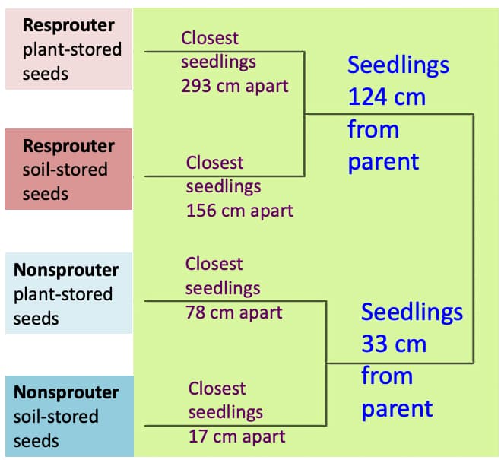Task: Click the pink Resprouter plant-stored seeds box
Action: point(68,49)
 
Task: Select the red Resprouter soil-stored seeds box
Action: point(68,169)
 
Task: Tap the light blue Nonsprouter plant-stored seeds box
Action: point(68,293)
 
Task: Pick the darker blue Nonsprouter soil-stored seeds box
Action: point(68,416)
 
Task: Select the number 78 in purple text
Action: point(195,312)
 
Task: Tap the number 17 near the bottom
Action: point(198,436)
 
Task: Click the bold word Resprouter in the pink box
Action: point(68,25)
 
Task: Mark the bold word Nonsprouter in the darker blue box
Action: point(66,392)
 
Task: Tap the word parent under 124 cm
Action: point(383,162)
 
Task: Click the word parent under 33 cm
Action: point(397,408)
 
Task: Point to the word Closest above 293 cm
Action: point(210,37)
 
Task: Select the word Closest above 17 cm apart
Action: point(217,389)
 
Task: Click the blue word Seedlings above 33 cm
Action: point(411,312)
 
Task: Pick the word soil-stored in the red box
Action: point(65,170)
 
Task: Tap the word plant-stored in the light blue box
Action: point(63,293)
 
